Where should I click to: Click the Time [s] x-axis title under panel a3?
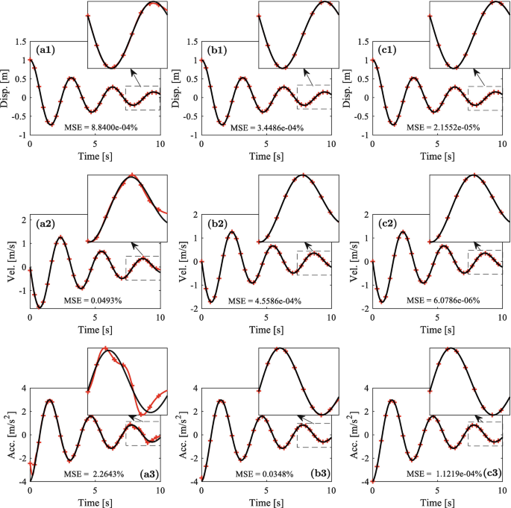[x=95, y=502]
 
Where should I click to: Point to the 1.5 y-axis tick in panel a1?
[x=19, y=42]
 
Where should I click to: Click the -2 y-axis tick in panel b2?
[x=192, y=309]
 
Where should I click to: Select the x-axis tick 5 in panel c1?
[x=437, y=144]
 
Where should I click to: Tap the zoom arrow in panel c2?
[x=478, y=248]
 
